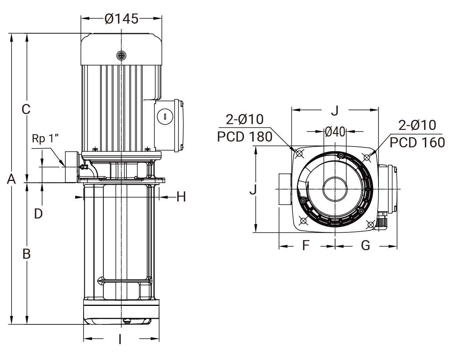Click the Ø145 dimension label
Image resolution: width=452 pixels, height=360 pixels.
tap(122, 19)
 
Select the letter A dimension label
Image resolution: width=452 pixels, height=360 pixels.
tap(11, 179)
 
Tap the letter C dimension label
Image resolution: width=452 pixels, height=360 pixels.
tap(26, 109)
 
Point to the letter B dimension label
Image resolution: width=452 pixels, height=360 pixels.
tap(27, 254)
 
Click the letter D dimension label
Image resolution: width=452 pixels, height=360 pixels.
tap(38, 214)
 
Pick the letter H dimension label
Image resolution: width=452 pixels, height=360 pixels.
tap(181, 197)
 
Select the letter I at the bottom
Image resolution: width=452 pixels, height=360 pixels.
tap(120, 340)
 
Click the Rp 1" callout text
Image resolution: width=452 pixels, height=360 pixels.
tap(45, 138)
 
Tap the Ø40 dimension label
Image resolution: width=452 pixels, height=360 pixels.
tap(335, 132)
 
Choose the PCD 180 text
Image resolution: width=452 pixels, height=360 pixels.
tap(245, 137)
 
